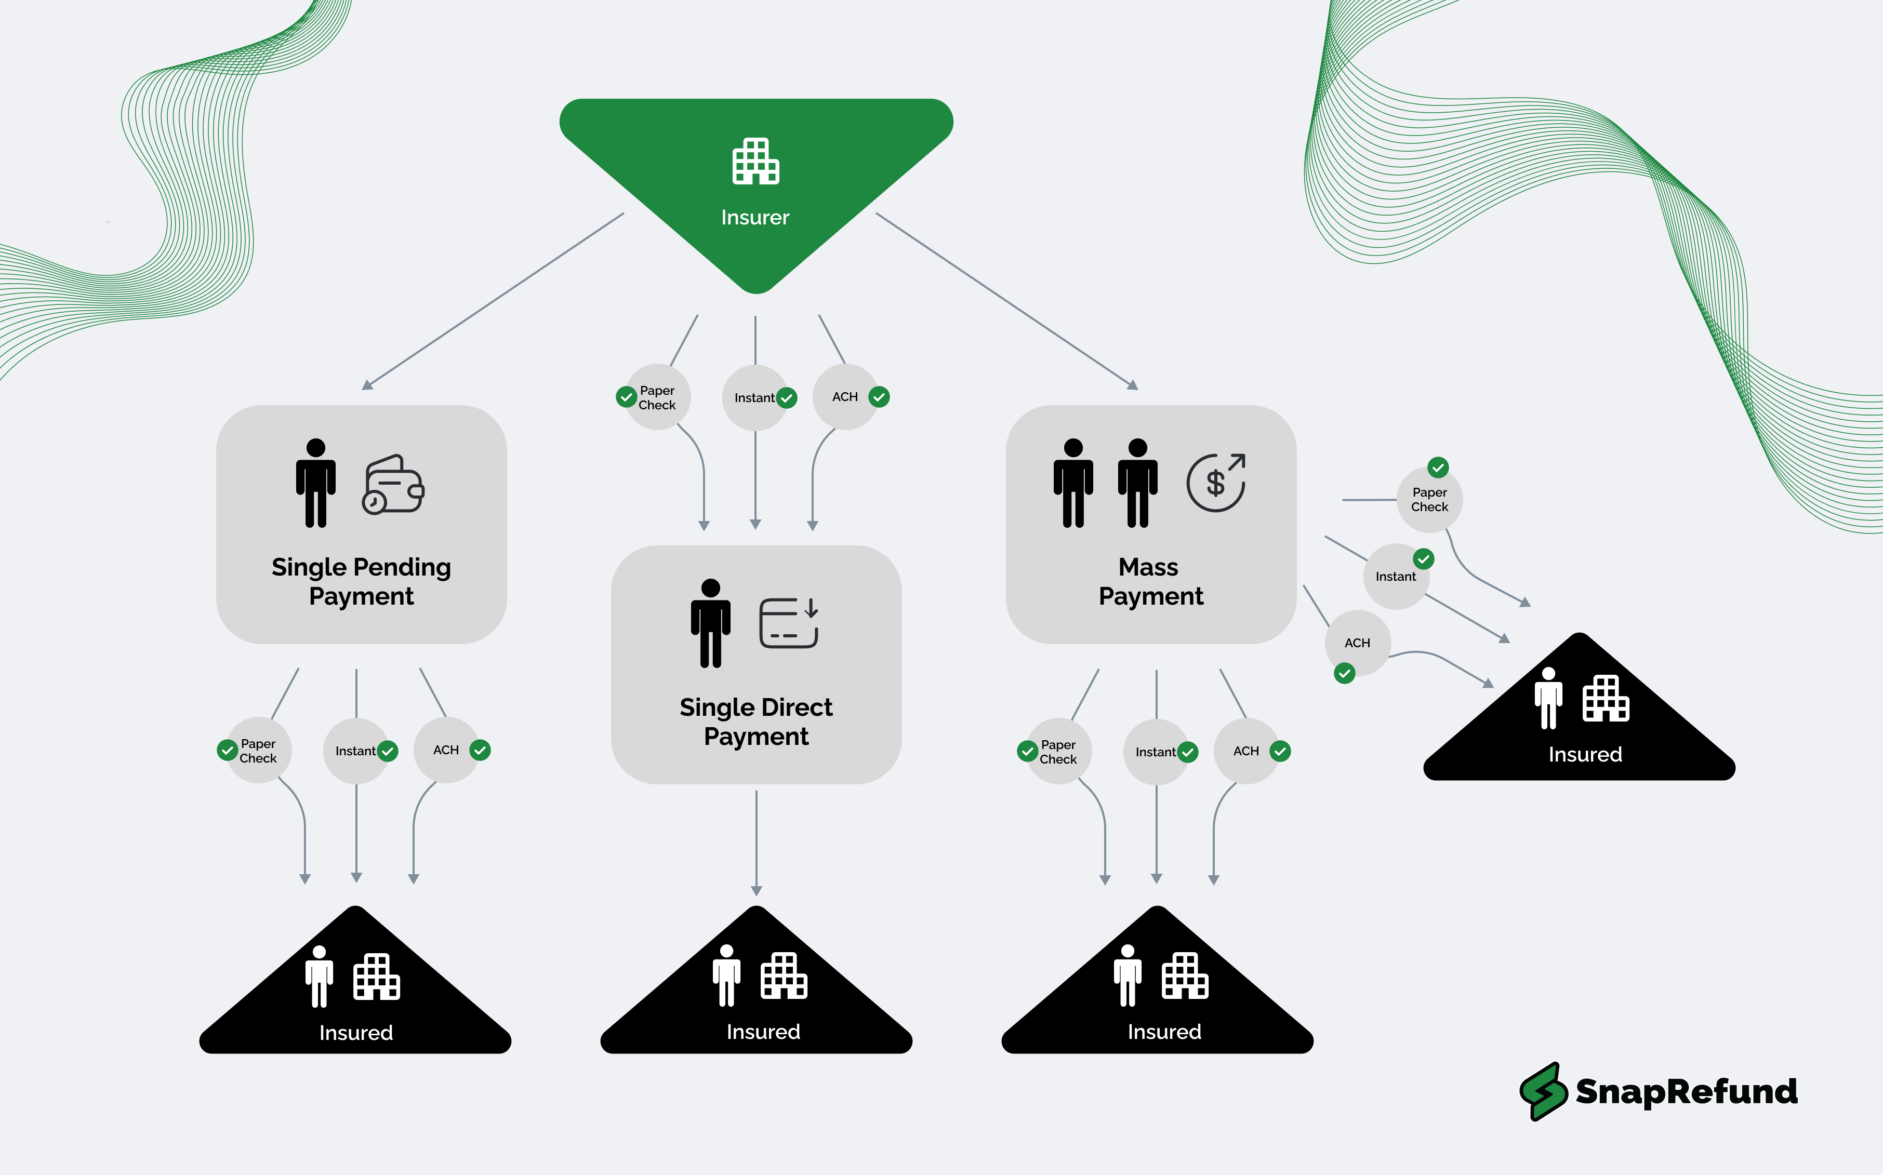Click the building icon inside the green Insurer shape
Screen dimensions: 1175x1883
click(x=755, y=162)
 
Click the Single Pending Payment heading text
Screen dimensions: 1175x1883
click(x=361, y=581)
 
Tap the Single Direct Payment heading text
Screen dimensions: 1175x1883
click(x=756, y=721)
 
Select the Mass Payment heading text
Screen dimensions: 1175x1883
click(x=1151, y=581)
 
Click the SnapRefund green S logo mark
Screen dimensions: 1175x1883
click(x=1543, y=1091)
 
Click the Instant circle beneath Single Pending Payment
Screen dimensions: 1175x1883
click(x=356, y=751)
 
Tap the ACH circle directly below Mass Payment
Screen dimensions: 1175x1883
click(x=1246, y=751)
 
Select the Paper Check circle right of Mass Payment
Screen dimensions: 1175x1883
click(x=1429, y=500)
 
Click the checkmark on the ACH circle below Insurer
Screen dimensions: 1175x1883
click(x=879, y=397)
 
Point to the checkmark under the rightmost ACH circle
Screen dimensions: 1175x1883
click(x=1345, y=673)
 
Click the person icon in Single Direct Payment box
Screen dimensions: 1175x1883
click(x=710, y=623)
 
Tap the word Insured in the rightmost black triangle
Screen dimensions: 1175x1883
click(x=1585, y=755)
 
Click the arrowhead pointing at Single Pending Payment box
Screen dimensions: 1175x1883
click(x=367, y=385)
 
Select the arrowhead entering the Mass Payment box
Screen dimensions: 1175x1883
click(x=1133, y=385)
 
